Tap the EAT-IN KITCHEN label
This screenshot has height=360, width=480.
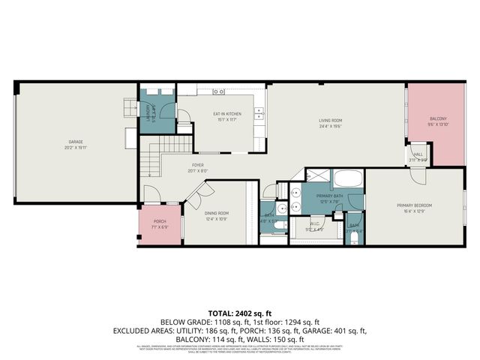point(226,114)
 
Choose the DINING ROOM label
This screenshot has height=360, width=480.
point(217,213)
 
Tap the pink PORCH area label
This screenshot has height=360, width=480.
point(160,221)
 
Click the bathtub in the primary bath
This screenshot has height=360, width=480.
point(347,178)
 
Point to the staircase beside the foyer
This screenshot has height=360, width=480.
point(151,158)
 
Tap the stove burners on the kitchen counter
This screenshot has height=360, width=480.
point(219,91)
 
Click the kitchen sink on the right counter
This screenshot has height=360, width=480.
point(259,114)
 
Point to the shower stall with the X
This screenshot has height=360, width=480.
point(317,176)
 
